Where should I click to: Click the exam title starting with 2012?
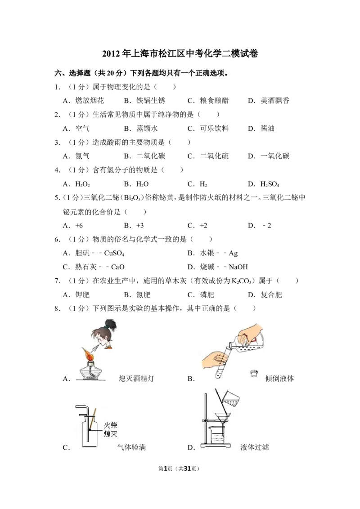(180, 54)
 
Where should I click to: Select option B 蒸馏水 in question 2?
(141, 129)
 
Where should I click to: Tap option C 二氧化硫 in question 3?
(208, 156)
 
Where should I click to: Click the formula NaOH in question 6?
(238, 267)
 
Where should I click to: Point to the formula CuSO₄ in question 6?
(114, 253)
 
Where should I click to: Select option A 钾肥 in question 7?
(76, 295)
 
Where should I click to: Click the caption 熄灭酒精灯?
(136, 379)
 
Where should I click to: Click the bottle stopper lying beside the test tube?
(254, 373)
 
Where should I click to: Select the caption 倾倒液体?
(279, 379)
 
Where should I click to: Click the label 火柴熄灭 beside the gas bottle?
(110, 429)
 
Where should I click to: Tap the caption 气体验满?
(131, 447)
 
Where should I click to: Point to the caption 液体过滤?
(255, 447)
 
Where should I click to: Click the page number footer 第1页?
(166, 469)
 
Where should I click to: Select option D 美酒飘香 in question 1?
(268, 101)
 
